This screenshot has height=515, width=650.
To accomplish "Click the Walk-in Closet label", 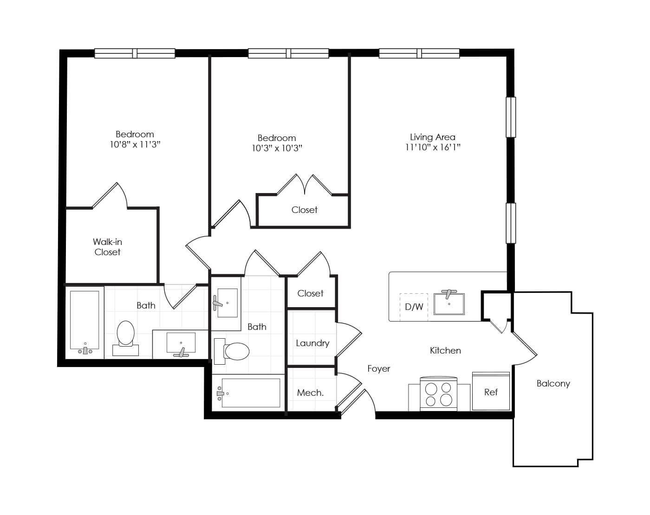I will pyautogui.click(x=107, y=247).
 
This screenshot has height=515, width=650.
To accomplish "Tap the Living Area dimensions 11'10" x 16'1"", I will pyautogui.click(x=432, y=148).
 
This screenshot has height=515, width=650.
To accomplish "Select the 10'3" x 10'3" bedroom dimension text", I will pyautogui.click(x=277, y=148).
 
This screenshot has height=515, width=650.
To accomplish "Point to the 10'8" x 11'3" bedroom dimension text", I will pyautogui.click(x=135, y=145).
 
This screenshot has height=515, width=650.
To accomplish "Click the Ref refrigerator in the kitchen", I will pyautogui.click(x=491, y=392).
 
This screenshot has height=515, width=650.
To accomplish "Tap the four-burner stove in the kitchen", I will pyautogui.click(x=438, y=394).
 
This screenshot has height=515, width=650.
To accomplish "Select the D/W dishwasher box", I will pyautogui.click(x=414, y=307).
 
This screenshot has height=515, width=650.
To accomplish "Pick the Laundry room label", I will pyautogui.click(x=312, y=343).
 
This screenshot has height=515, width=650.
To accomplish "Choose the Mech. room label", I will pyautogui.click(x=310, y=393).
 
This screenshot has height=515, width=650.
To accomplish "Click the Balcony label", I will pyautogui.click(x=553, y=384).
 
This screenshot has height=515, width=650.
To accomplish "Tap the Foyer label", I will pyautogui.click(x=378, y=369).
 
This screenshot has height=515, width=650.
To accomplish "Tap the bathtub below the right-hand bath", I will pyautogui.click(x=250, y=393).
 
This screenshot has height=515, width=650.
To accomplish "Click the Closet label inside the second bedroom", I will pyautogui.click(x=304, y=210).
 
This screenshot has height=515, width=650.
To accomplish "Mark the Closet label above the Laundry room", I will pyautogui.click(x=310, y=294).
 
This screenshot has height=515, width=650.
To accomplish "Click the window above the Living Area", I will pyautogui.click(x=419, y=53).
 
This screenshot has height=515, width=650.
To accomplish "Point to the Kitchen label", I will pyautogui.click(x=445, y=351).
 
